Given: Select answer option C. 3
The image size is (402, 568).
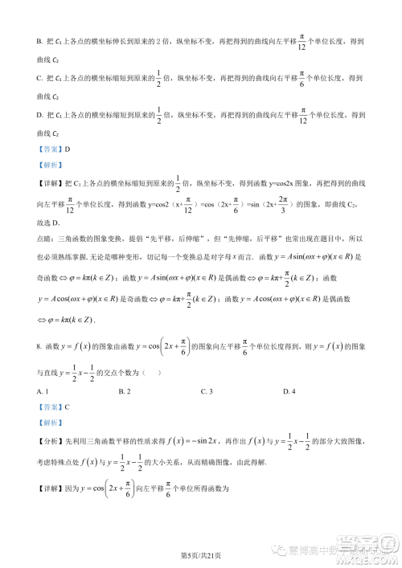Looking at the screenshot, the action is point(206,390).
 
